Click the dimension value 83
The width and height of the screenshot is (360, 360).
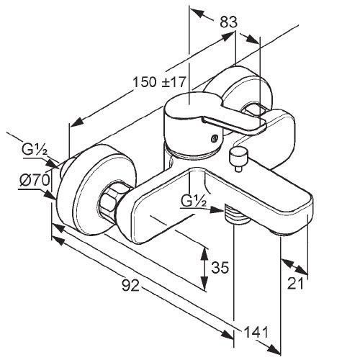click(x=229, y=22)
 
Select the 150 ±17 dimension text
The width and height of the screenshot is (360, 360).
click(x=159, y=82)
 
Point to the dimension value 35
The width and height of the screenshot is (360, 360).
click(x=220, y=267)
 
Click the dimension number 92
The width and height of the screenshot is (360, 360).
click(x=131, y=286)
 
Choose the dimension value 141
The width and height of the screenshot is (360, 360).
click(x=256, y=333)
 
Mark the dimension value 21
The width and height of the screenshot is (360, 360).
click(x=295, y=284)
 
